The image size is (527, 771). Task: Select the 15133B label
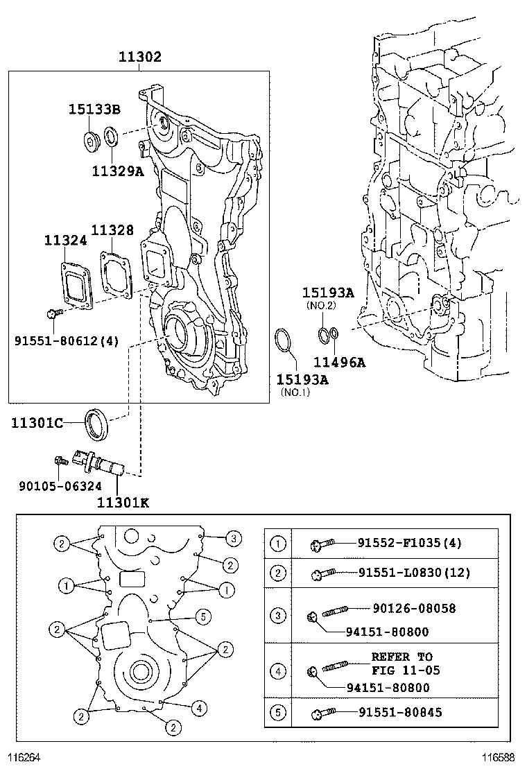pos(94,109)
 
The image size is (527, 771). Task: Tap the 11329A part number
pos(117,171)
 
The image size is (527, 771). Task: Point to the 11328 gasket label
pos(112,230)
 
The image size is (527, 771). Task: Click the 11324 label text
pos(65,240)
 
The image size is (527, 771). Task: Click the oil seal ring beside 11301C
pos(96,424)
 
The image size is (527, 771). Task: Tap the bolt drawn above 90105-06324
pos(60,460)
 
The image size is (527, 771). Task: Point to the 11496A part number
pos(339,361)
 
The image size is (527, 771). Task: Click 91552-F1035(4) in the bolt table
pos(410,543)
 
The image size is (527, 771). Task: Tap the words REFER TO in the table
pos(401,657)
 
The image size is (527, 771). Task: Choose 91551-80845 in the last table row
pos(400,712)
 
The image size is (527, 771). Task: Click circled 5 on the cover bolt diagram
pos(202,615)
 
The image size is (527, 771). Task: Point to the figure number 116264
pos(24,758)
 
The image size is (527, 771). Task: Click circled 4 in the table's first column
pos(277,671)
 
